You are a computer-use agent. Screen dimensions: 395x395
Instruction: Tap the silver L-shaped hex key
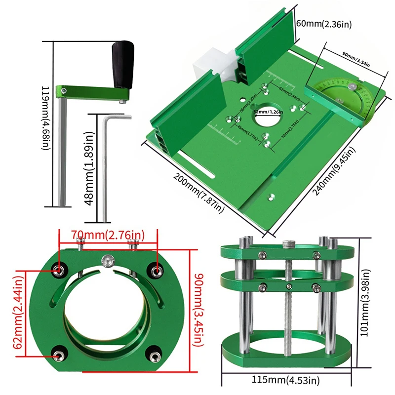coord(105,168)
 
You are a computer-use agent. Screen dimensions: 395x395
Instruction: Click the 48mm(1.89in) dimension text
coord(90,169)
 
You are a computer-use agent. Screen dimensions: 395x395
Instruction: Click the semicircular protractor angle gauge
coord(351,99)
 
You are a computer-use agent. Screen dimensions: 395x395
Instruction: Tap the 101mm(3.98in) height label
coord(366,302)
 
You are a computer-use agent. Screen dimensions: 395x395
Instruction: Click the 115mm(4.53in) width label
coord(284,380)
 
